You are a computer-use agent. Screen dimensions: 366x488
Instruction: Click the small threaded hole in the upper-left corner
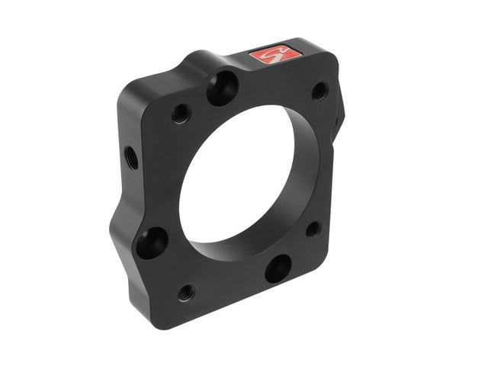tap(181, 114)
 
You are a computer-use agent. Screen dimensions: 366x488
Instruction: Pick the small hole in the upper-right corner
tap(319, 91)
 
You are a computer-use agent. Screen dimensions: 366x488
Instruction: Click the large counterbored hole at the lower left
tap(153, 242)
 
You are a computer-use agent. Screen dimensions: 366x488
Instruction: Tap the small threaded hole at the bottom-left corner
tap(185, 292)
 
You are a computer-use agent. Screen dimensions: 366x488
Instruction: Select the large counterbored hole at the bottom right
tap(278, 268)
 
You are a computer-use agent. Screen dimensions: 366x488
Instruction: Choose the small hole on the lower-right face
tap(313, 229)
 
